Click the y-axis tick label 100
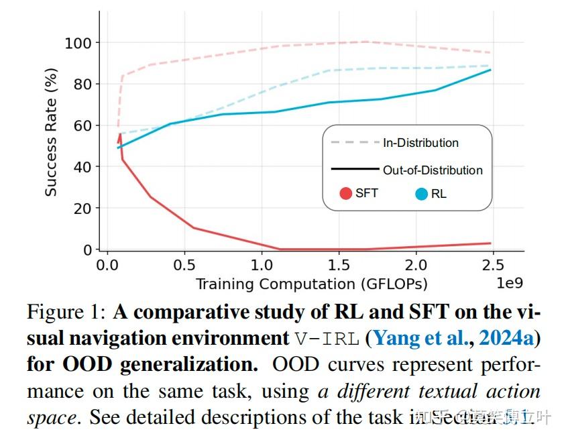pos(79,43)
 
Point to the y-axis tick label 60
pos(83,125)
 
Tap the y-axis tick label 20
pos(83,209)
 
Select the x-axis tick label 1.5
pos(339,264)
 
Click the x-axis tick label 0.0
pos(106,264)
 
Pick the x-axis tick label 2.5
pos(494,264)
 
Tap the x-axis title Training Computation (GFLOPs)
pos(311,284)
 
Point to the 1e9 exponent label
pos(509,283)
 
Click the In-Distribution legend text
pos(420,143)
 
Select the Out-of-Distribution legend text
pos(433,170)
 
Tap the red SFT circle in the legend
pos(346,194)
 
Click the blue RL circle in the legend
pos(422,195)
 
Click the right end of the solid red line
pos(490,243)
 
